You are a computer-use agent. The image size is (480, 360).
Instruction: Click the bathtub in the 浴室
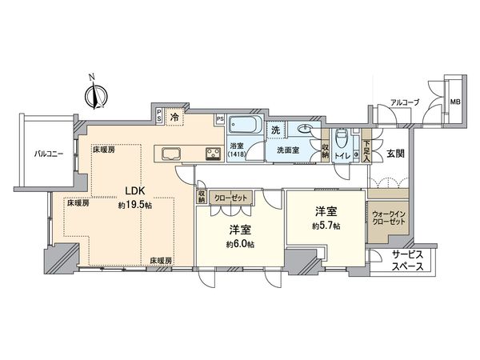point(242,125)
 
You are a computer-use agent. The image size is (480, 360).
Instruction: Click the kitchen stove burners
point(214,154)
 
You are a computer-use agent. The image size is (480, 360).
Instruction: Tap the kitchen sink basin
point(170,153)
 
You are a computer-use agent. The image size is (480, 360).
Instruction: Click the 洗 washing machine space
point(274,130)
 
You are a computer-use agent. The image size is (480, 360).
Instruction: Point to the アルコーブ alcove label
point(402,102)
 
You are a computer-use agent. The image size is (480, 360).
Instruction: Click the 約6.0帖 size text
point(239,243)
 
